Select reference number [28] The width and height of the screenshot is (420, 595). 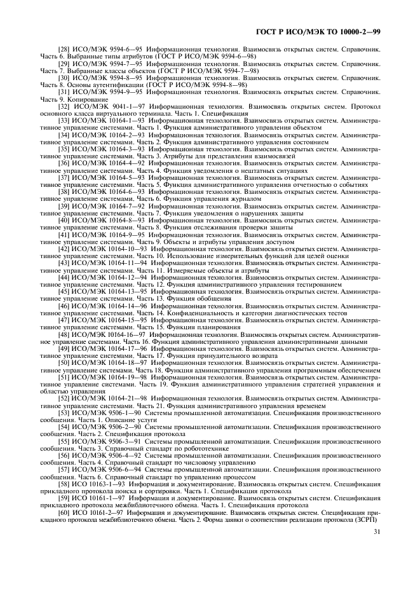(65, 48)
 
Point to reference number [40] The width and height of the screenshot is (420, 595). (65, 219)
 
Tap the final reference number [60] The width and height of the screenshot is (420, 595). (65, 512)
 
